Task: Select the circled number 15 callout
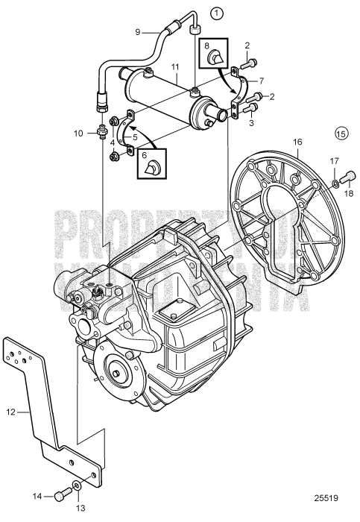tap(341, 135)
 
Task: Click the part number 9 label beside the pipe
tap(137, 31)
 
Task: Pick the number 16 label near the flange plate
tap(297, 141)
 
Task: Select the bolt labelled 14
tap(62, 495)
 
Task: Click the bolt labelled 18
tap(350, 177)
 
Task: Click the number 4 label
tap(112, 140)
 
